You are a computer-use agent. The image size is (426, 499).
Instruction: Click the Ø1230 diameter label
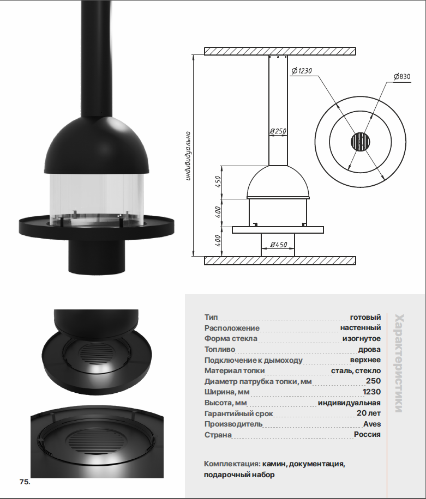[x=302, y=71]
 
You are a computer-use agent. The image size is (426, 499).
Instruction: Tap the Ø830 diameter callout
[x=402, y=77]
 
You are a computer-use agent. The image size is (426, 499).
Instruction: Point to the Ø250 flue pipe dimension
[x=278, y=131]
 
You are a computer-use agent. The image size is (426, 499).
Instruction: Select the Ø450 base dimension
[x=279, y=245]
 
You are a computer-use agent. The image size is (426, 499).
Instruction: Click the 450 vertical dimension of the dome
[x=218, y=181]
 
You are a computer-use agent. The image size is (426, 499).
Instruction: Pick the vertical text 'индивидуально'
[x=188, y=156]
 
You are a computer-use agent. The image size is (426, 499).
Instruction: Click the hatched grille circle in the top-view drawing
[x=361, y=142]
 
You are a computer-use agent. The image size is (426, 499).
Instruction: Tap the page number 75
[x=25, y=482]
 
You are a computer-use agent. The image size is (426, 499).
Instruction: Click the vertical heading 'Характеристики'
[x=399, y=363]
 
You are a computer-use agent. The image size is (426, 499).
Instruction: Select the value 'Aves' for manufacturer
[x=372, y=424]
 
